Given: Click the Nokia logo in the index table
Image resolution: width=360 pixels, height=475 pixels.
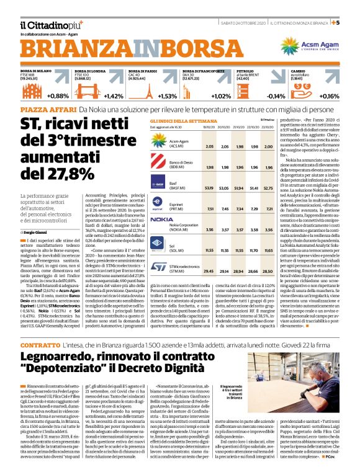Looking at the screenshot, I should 162,202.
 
